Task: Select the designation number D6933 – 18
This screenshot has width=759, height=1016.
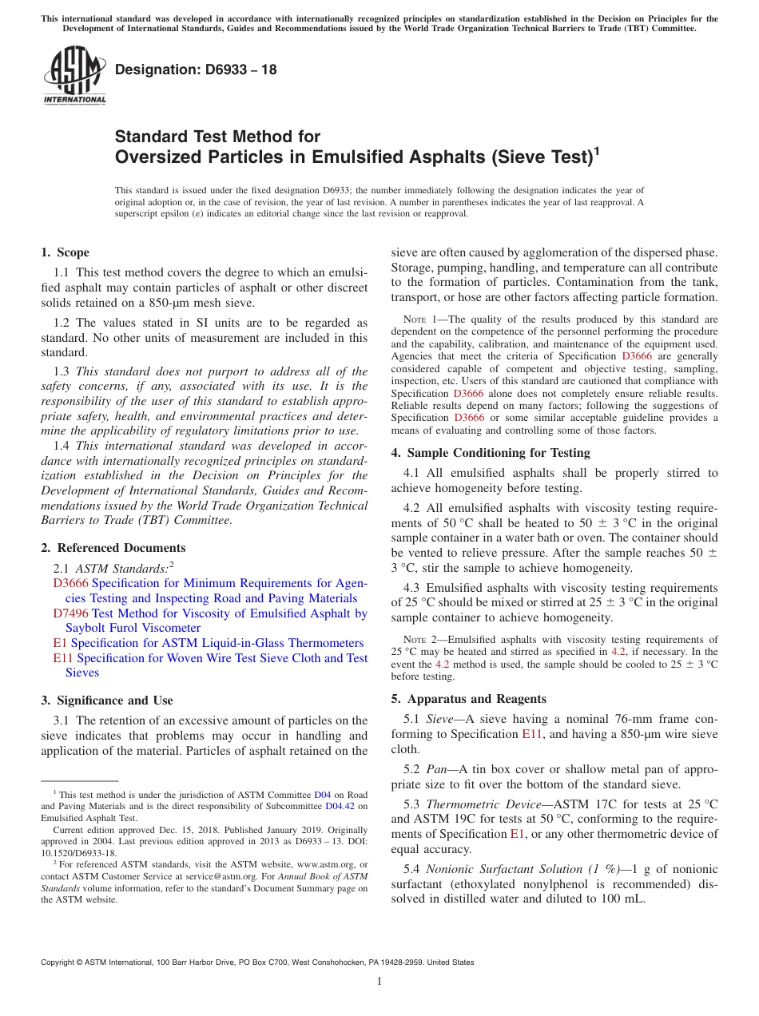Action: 196,69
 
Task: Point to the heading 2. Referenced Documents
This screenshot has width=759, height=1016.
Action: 113,548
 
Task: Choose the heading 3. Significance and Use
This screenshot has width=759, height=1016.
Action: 106,700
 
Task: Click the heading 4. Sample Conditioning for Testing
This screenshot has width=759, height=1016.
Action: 490,453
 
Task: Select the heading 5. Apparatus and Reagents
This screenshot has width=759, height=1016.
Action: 468,699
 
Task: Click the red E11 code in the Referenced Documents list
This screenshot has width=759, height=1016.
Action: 63,658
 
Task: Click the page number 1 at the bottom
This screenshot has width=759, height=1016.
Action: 379,982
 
